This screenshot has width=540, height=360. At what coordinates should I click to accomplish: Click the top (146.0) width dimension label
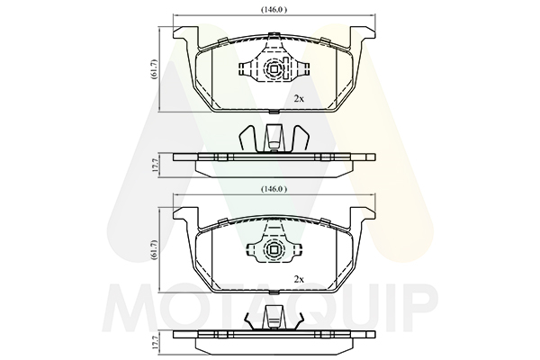tap(274, 10)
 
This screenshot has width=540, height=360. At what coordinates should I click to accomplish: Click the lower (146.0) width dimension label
tap(274, 189)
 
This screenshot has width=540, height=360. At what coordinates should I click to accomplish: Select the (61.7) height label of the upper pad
tap(155, 69)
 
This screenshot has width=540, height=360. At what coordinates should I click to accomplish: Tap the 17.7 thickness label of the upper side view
tap(155, 165)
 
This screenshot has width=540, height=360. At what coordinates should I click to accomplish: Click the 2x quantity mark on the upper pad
tap(299, 99)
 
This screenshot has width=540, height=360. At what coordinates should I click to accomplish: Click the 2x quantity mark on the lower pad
tap(299, 279)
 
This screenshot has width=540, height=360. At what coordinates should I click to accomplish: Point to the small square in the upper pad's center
tap(274, 69)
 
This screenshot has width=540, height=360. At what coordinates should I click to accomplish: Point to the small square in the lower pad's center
tap(274, 249)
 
